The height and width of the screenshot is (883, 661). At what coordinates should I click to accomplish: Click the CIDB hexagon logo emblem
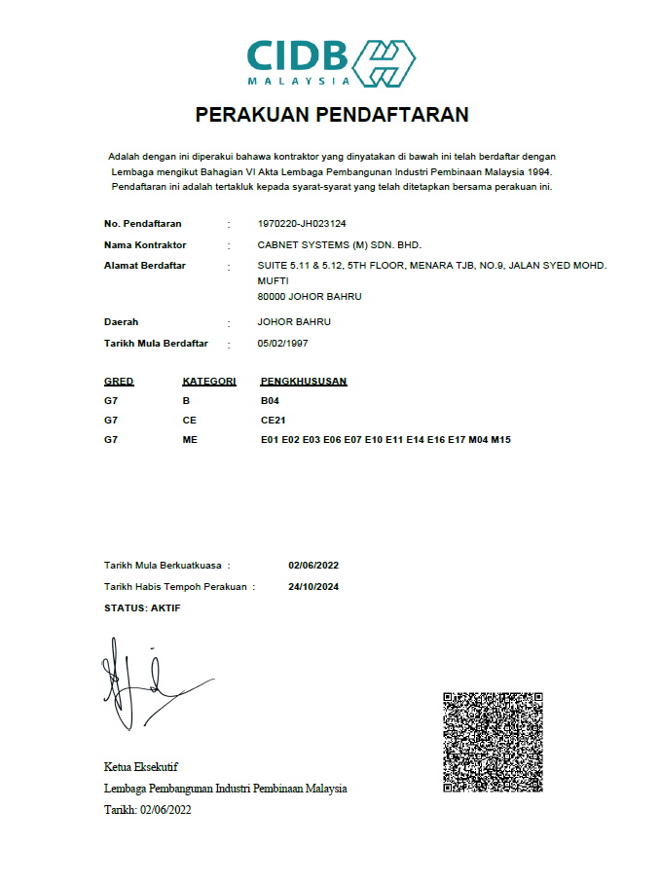383,63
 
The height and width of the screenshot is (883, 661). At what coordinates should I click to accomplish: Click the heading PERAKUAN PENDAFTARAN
332,115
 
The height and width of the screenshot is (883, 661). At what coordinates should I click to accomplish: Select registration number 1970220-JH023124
302,224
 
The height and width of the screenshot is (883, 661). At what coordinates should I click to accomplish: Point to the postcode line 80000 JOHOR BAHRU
309,297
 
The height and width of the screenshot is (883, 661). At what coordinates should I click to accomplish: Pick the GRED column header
119,381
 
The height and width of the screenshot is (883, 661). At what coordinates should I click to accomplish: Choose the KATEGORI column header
209,381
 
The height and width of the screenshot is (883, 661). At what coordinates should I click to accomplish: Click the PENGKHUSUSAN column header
304,381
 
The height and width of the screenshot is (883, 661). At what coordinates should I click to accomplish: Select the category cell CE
189,421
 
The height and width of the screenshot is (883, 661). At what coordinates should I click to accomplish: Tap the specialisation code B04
270,401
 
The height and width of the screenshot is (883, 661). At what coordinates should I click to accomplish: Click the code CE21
273,421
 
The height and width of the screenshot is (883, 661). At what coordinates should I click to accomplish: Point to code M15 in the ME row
500,440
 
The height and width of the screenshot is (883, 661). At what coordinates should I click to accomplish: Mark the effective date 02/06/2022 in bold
313,565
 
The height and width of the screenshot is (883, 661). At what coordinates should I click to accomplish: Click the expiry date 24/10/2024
313,587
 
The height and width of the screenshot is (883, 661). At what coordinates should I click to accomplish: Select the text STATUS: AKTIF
142,608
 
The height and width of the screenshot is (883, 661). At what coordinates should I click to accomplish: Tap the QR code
493,742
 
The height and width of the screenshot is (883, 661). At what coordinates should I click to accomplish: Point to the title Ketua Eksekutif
140,767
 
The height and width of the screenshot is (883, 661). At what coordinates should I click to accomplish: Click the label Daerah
121,321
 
